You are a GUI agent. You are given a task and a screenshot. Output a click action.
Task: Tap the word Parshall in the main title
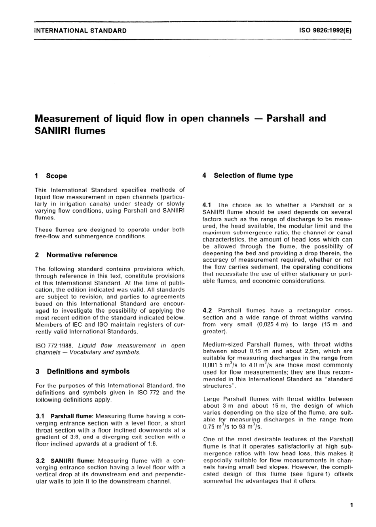296,118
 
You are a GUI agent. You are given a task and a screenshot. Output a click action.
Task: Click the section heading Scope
57,176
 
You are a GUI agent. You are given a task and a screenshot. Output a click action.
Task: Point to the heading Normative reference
82,255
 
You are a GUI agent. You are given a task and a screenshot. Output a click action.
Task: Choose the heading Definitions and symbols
88,371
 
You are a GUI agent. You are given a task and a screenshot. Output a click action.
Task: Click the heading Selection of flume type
253,176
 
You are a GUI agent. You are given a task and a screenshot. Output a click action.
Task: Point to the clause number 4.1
207,205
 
